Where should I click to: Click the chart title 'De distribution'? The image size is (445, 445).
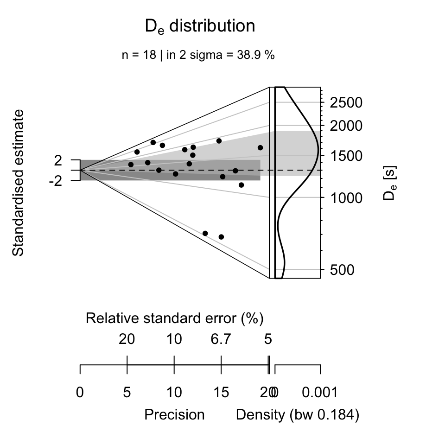(x=200, y=27)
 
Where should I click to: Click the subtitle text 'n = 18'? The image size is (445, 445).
(x=138, y=55)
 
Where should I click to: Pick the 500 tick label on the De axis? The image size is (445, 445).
(x=342, y=269)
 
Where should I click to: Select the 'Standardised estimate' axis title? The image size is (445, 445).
(x=19, y=183)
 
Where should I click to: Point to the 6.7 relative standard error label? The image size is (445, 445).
(x=221, y=339)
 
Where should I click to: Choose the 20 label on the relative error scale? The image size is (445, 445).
(x=127, y=339)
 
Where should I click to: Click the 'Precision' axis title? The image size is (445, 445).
(x=174, y=414)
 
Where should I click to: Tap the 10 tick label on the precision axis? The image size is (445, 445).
(x=174, y=393)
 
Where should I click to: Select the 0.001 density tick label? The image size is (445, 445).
(x=320, y=393)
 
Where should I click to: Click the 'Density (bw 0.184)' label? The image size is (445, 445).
(x=297, y=414)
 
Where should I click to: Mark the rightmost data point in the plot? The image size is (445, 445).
(x=260, y=147)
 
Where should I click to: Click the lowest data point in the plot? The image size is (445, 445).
(x=221, y=237)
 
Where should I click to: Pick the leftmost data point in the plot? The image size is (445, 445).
(x=131, y=165)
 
